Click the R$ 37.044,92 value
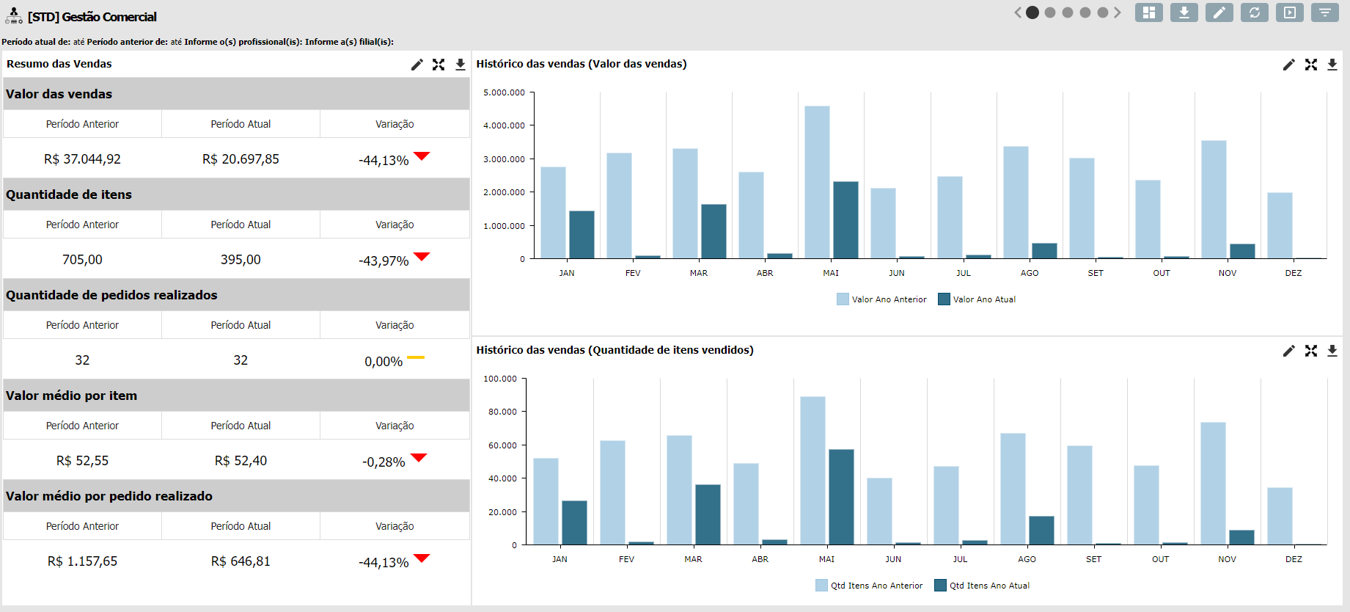click(x=82, y=159)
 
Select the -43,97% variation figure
click(x=384, y=261)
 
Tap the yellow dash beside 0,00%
click(x=416, y=357)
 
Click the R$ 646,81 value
click(x=241, y=561)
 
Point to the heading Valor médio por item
click(x=71, y=396)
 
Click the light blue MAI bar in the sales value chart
click(x=817, y=182)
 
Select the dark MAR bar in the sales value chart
click(x=713, y=231)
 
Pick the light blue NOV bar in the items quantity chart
click(x=1213, y=483)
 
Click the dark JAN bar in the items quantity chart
click(x=574, y=522)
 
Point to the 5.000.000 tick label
click(x=504, y=92)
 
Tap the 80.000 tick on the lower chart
click(x=502, y=412)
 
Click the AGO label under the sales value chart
click(x=1030, y=273)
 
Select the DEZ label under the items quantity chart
click(x=1294, y=559)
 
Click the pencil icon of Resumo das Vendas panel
click(x=417, y=65)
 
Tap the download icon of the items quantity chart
click(x=1332, y=351)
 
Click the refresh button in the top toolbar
click(x=1255, y=12)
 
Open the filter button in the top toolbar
click(x=1325, y=12)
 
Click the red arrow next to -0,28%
click(x=419, y=458)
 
